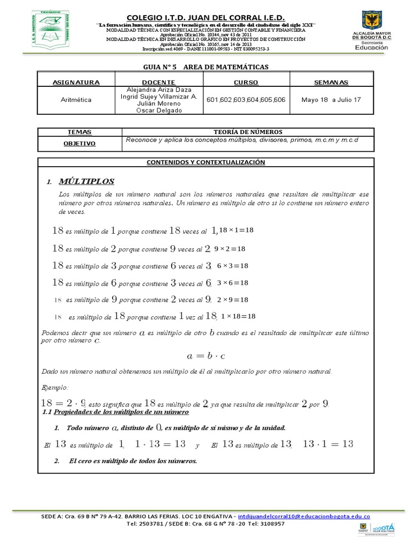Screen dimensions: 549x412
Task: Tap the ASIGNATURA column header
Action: [x=76, y=82]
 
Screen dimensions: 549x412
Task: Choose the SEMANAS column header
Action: [x=331, y=82]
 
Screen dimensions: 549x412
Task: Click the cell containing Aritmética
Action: [x=76, y=100]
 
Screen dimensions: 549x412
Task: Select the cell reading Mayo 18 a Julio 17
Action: [x=331, y=100]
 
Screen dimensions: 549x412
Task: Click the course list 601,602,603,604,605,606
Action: [x=246, y=100]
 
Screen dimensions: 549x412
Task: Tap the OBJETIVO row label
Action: [x=79, y=144]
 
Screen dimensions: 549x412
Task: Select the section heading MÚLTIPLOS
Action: [x=86, y=182]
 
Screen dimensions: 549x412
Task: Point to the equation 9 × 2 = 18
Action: [x=230, y=249]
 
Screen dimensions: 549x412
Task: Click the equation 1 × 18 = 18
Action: [x=238, y=316]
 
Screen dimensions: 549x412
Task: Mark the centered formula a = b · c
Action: [x=206, y=355]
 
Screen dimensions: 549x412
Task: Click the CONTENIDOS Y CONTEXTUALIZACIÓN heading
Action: [x=206, y=162]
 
